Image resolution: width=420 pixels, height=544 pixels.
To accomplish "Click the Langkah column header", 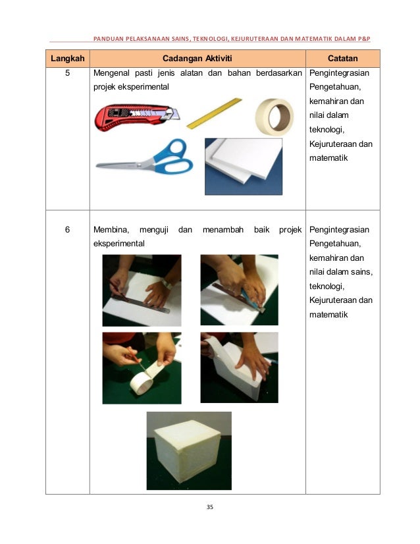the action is coord(68,58).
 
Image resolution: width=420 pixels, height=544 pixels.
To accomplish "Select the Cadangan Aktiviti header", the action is coord(197,58).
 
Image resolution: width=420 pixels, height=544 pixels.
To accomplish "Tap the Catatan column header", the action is coord(343,58).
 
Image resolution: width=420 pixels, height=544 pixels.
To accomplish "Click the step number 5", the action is coord(68,73).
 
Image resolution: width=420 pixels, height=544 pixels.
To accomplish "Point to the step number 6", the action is coord(68,229).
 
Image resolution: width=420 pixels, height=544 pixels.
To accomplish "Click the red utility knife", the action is coord(137,117).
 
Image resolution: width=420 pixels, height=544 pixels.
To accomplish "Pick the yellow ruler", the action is coord(214,113).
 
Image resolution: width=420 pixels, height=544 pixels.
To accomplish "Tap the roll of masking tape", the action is coord(275,117).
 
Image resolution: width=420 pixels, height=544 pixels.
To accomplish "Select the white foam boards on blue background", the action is coord(244,167).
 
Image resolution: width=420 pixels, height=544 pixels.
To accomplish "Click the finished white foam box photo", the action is coord(189,450).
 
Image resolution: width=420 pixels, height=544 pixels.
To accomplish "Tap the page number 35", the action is coord(210,507).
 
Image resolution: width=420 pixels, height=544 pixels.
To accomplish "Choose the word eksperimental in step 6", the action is coord(119,244).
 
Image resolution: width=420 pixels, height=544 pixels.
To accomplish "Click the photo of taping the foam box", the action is coord(240,367).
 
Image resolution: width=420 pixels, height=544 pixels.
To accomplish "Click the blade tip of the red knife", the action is coord(179,119).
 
